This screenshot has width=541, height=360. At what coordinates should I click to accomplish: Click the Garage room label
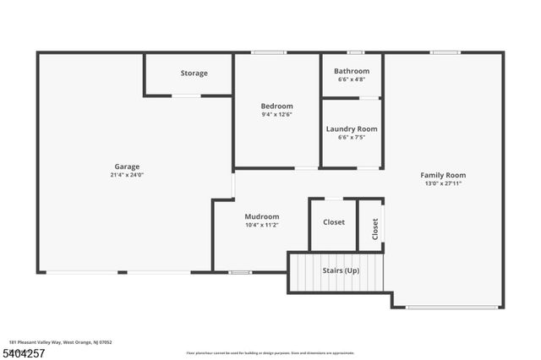(127, 166)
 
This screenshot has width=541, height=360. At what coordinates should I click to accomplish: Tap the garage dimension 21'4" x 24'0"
(127, 176)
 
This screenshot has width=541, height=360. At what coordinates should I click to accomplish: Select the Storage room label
(194, 74)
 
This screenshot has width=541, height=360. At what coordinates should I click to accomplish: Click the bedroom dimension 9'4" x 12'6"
(276, 114)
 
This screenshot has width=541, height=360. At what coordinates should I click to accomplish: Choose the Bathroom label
(352, 71)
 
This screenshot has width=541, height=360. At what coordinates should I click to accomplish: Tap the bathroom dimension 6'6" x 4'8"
(352, 80)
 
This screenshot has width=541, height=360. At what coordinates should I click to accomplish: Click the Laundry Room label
(352, 128)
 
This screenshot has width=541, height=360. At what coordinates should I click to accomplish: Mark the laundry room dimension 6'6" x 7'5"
(352, 138)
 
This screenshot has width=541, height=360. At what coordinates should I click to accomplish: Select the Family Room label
(443, 175)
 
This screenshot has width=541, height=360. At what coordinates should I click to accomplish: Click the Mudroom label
(262, 216)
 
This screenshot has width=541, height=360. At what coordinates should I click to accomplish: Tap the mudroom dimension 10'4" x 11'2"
(262, 226)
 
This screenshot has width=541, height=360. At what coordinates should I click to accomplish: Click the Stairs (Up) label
(341, 271)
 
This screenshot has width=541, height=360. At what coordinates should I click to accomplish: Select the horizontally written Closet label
(334, 222)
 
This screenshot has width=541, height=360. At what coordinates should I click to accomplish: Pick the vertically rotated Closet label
(374, 228)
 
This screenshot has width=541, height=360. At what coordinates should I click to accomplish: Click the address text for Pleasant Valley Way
(61, 342)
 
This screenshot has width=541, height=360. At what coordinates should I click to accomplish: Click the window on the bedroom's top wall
(268, 53)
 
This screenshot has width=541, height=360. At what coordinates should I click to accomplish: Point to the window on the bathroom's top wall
(356, 53)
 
